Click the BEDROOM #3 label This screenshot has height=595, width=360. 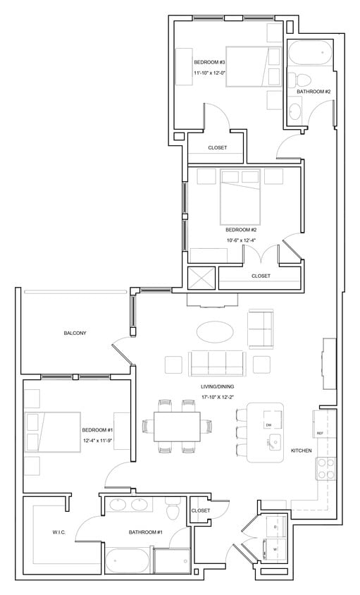point(209,62)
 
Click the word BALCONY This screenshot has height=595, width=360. point(75,333)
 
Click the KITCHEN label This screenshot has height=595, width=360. point(302,449)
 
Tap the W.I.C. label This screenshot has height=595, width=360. point(58,532)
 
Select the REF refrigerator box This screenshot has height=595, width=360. point(319,433)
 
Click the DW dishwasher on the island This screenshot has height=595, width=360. point(268,425)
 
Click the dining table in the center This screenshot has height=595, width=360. point(178,426)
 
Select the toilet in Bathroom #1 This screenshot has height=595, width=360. point(171,510)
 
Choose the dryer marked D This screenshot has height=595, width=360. point(275,526)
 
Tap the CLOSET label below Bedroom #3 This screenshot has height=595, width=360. point(217,148)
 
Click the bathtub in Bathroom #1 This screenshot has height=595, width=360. point(128,563)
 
